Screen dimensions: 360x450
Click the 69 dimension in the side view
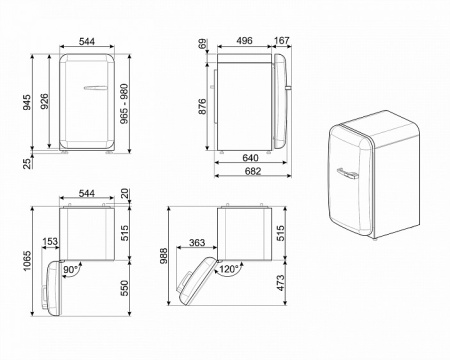point(203,45)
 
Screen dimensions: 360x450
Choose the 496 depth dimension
point(244,43)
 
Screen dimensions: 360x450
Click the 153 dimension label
point(51,240)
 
